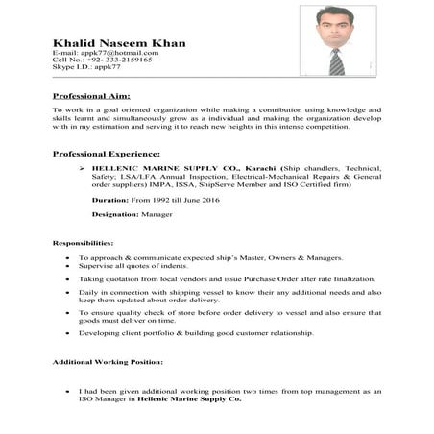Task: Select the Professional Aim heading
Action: (x=91, y=96)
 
